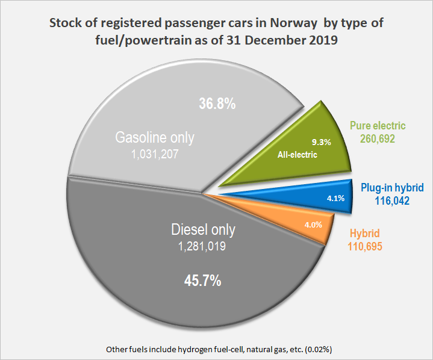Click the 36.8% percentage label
click(217, 104)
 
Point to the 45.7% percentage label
click(202, 280)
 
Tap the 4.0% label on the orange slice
click(313, 225)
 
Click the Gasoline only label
click(155, 137)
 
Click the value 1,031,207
click(155, 154)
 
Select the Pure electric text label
click(378, 126)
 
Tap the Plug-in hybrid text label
click(392, 187)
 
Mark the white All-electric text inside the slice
click(297, 155)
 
